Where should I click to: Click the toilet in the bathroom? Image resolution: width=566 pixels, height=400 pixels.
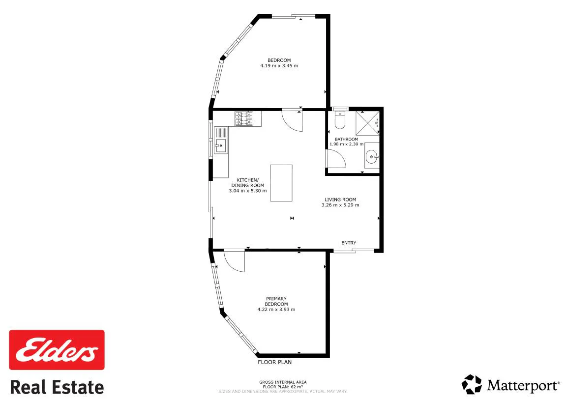[x=340, y=120]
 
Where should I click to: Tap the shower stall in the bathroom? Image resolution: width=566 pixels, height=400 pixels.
[x=367, y=123]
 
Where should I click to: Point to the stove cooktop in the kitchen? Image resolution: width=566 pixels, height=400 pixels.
[x=244, y=118]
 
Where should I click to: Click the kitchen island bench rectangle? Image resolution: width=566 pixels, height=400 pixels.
[x=281, y=183]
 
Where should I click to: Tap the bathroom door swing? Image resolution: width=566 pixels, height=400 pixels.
[x=336, y=159]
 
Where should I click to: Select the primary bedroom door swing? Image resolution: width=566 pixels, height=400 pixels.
[x=234, y=260]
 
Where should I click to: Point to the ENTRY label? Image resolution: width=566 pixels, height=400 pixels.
[x=349, y=243]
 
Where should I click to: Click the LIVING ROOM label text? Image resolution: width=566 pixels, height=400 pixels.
[x=340, y=200]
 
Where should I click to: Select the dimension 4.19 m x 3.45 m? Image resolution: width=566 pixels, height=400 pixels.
[x=279, y=66]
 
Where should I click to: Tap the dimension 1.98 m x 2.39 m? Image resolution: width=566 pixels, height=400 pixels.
[x=346, y=144]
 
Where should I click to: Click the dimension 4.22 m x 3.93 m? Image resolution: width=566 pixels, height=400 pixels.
[x=276, y=310]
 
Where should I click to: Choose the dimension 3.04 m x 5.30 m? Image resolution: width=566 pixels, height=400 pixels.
[x=248, y=191]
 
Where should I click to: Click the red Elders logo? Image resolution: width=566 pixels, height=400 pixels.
[x=57, y=350]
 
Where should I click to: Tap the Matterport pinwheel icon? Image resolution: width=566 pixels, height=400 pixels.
[x=472, y=384]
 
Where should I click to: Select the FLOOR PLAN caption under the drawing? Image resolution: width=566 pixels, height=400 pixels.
[x=275, y=362]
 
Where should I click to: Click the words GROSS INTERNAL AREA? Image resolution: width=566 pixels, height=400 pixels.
[x=283, y=382]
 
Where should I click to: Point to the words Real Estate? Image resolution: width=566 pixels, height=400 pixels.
[x=57, y=387]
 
